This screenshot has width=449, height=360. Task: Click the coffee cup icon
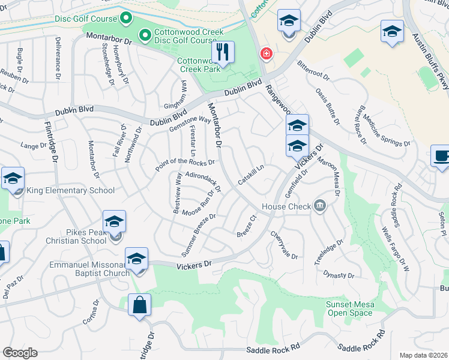[441, 157]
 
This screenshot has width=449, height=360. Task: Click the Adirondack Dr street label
[204, 182]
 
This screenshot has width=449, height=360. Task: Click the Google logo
[20, 353]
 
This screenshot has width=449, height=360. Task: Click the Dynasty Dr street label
[339, 275]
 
